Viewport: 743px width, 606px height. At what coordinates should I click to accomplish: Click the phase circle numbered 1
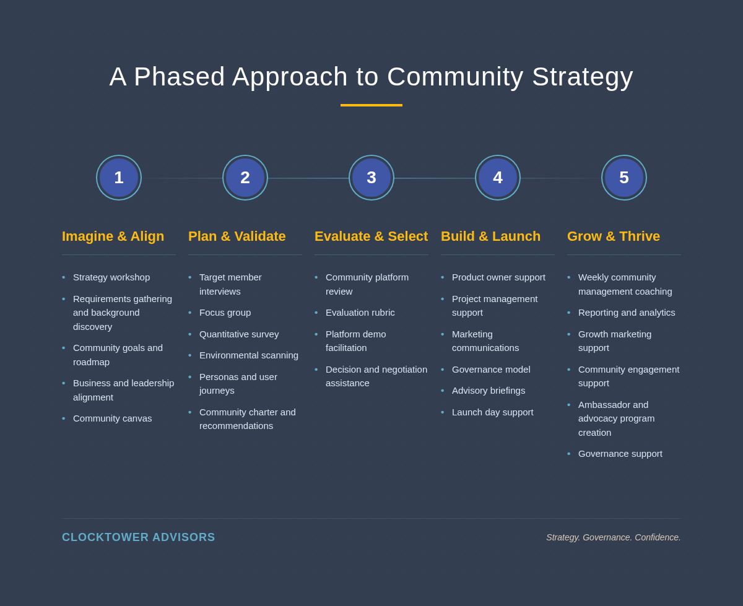[x=119, y=178]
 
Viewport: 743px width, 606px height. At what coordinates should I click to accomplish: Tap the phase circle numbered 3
[x=371, y=178]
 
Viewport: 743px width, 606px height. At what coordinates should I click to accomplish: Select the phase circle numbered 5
[x=624, y=178]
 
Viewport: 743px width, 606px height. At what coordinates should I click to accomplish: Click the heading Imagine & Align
[x=113, y=236]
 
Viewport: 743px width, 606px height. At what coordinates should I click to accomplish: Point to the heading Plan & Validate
[x=237, y=236]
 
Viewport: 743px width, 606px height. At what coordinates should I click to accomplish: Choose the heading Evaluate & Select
[x=371, y=236]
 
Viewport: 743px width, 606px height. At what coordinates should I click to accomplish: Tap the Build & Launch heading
[x=490, y=236]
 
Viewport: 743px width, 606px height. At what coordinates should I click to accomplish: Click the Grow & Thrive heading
[x=614, y=236]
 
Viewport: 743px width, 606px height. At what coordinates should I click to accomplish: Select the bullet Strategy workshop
[x=111, y=277]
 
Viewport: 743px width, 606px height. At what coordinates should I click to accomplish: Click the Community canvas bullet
[x=112, y=418]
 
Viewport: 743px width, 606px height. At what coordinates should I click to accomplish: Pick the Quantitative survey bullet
[x=239, y=334]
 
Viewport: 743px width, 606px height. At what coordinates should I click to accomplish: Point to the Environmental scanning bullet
[x=249, y=355]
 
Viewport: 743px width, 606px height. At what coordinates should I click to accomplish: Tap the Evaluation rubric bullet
[x=360, y=313]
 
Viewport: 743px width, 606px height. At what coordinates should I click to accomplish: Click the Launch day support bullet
[x=492, y=412]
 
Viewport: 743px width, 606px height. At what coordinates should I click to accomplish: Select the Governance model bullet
[x=491, y=370]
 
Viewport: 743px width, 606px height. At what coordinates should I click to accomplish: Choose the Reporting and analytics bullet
[x=627, y=313]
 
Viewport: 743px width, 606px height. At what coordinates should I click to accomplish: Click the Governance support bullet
[x=620, y=454]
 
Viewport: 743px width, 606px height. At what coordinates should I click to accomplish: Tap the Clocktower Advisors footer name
[x=139, y=537]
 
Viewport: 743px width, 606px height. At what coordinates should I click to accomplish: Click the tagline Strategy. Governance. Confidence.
[x=613, y=537]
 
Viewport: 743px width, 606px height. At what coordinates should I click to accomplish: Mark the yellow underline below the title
[x=371, y=105]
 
